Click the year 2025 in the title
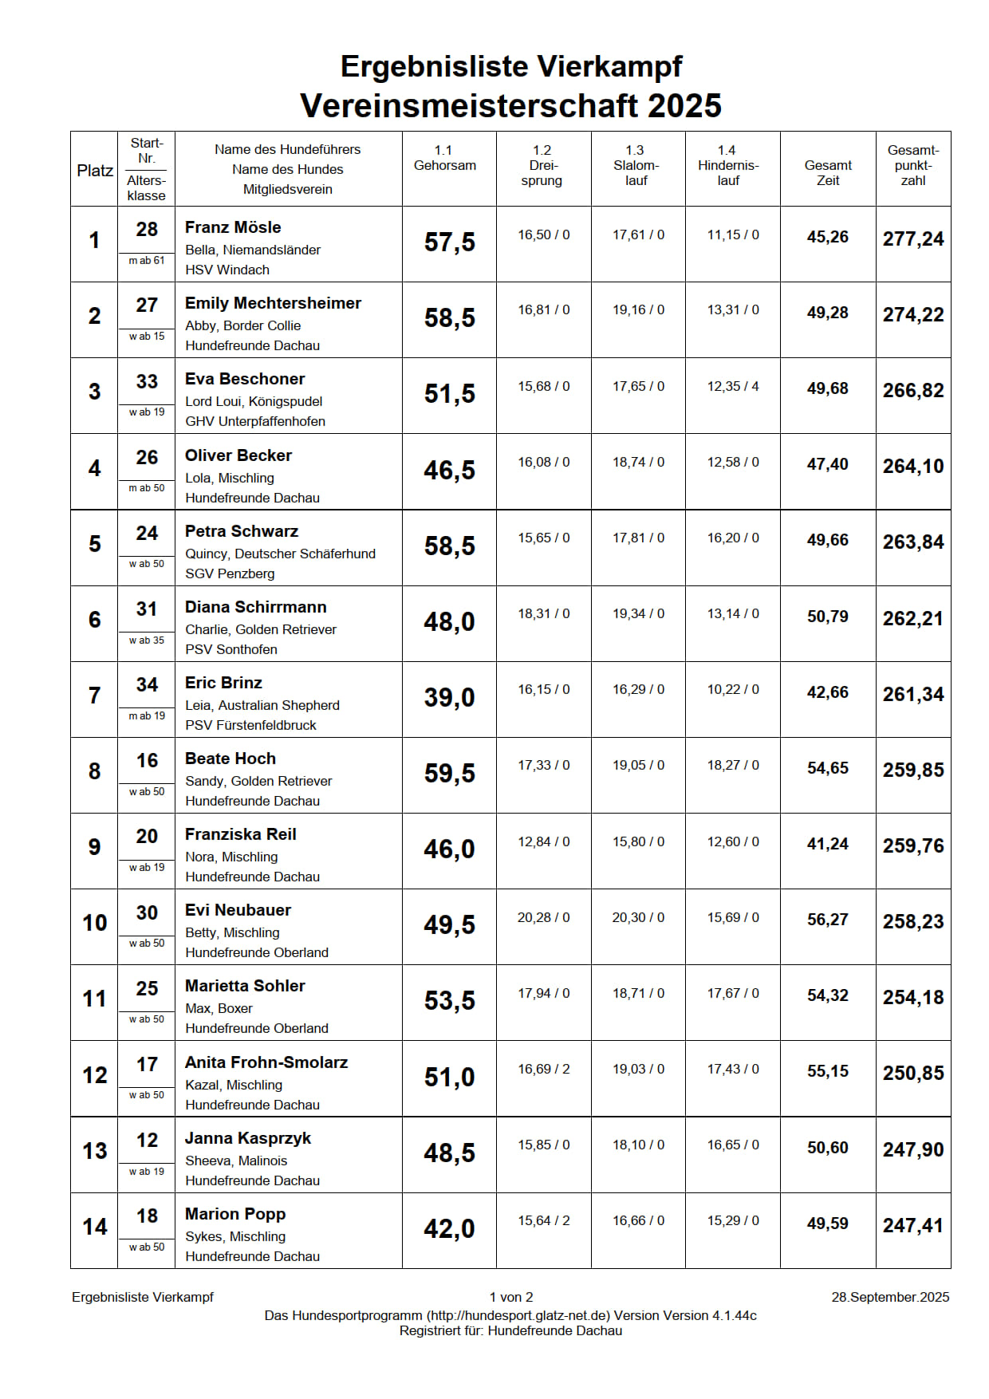click(x=684, y=106)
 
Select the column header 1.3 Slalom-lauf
click(x=636, y=166)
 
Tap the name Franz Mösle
click(x=233, y=227)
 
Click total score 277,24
click(x=912, y=238)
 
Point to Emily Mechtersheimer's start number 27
click(x=147, y=305)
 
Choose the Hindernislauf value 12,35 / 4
click(x=732, y=386)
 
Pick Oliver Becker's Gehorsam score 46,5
click(x=449, y=471)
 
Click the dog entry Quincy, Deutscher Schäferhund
click(x=280, y=554)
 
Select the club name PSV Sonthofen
click(x=231, y=649)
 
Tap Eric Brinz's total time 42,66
click(x=827, y=692)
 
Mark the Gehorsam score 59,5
click(x=449, y=774)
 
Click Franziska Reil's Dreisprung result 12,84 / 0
click(x=543, y=841)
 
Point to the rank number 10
click(x=94, y=923)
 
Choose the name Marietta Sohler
click(x=245, y=986)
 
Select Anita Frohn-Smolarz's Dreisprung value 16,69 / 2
click(x=543, y=1069)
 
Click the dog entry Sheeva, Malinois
click(x=236, y=1161)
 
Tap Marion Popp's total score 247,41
click(x=912, y=1225)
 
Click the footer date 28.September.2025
click(x=890, y=1297)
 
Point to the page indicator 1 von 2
click(x=511, y=1297)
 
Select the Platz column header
click(x=94, y=171)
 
